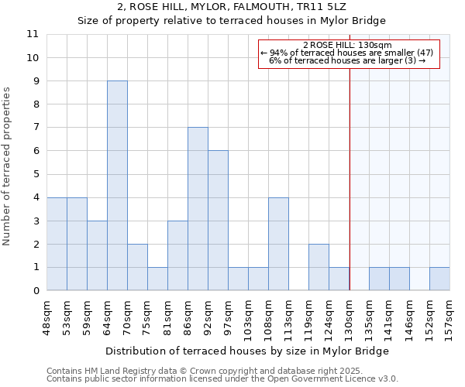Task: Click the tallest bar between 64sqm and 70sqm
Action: point(117,186)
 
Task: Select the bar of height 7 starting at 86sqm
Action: point(198,209)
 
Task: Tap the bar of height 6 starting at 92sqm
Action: point(218,221)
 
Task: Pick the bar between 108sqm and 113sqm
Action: point(278,244)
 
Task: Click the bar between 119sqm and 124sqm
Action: point(319,267)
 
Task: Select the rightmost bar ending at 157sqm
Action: point(439,279)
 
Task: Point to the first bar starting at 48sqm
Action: point(57,244)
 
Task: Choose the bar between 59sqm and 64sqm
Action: point(97,255)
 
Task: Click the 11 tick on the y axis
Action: point(33,34)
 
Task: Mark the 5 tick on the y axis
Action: point(36,174)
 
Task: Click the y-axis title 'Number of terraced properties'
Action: point(8,166)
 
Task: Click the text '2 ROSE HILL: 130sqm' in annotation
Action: point(347,46)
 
